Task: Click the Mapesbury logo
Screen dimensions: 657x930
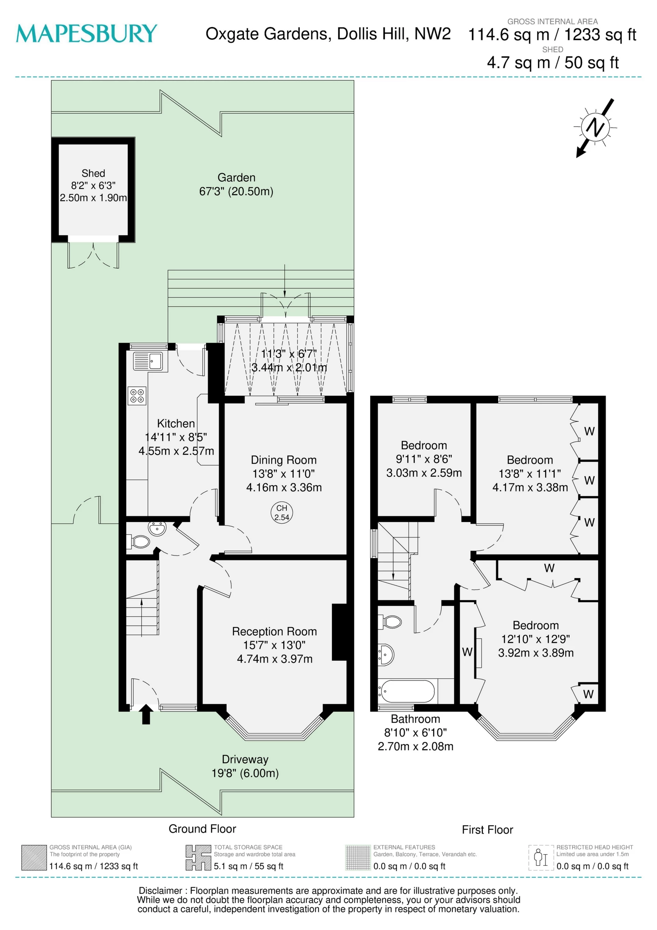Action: [x=86, y=33]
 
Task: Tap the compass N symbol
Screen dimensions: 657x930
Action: [x=595, y=128]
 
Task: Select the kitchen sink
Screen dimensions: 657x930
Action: [x=148, y=360]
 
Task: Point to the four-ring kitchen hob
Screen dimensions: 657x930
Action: [x=137, y=396]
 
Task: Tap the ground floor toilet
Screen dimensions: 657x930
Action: [x=139, y=541]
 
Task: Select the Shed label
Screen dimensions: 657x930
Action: [x=93, y=173]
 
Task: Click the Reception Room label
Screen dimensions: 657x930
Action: [x=274, y=632]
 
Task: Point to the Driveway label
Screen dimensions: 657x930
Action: [x=245, y=760]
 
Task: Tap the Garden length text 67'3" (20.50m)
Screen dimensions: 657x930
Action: [x=236, y=191]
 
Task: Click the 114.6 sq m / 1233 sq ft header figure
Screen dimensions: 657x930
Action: [x=552, y=35]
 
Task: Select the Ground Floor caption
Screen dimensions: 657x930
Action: [x=202, y=829]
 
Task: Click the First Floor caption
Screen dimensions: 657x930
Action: [x=487, y=830]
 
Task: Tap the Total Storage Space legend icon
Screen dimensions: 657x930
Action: [x=198, y=857]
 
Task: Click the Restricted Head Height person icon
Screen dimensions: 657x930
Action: [x=541, y=857]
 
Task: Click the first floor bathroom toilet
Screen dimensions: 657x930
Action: [x=389, y=621]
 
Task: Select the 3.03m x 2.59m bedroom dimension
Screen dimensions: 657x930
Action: [x=424, y=473]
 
